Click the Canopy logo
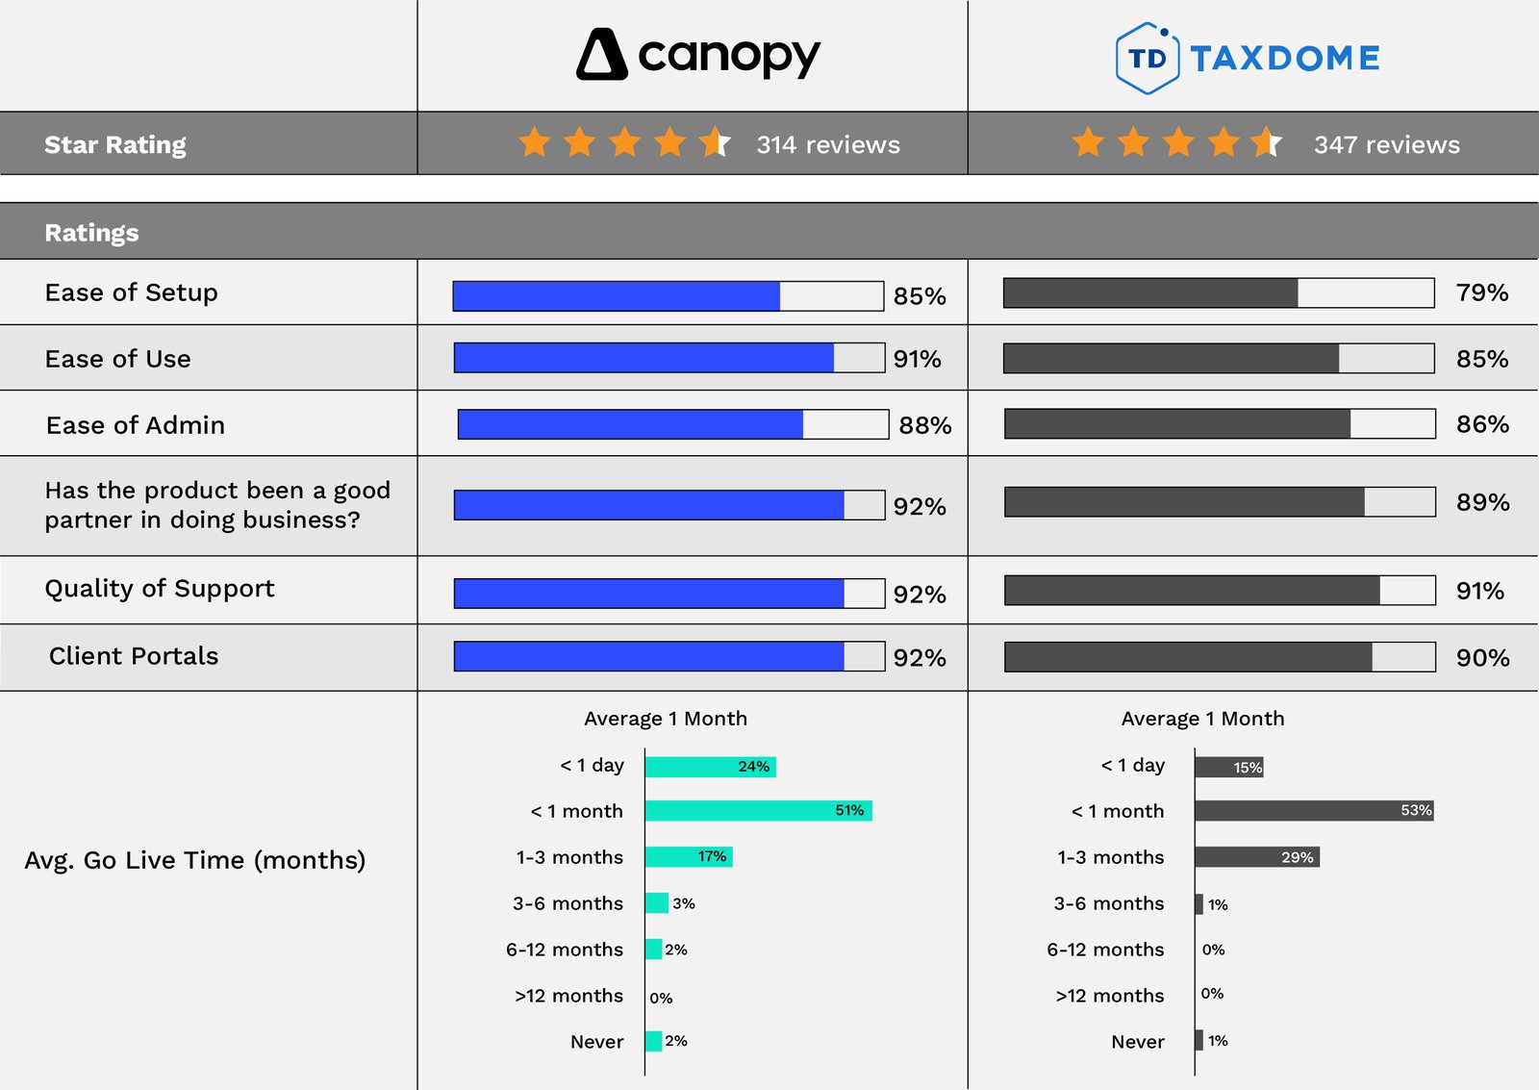pyautogui.click(x=698, y=55)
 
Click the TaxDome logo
pyautogui.click(x=1248, y=58)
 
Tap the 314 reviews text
pyautogui.click(x=827, y=144)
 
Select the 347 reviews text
pyautogui.click(x=1386, y=144)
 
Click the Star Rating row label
pyautogui.click(x=115, y=144)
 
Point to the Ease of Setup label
pyautogui.click(x=131, y=292)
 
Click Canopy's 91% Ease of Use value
pyautogui.click(x=917, y=359)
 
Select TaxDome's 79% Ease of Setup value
pyautogui.click(x=1481, y=292)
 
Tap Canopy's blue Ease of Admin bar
pyautogui.click(x=630, y=424)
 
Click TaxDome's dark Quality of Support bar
pyautogui.click(x=1192, y=591)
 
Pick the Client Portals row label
pyautogui.click(x=134, y=656)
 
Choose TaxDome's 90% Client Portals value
pyautogui.click(x=1482, y=658)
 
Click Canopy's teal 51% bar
pyautogui.click(x=758, y=810)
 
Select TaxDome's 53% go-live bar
pyautogui.click(x=1314, y=810)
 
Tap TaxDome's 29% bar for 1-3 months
pyautogui.click(x=1256, y=856)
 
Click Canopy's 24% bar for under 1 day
pyautogui.click(x=710, y=767)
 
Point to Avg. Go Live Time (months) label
pyautogui.click(x=195, y=860)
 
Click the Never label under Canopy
pyautogui.click(x=596, y=1042)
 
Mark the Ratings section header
pyautogui.click(x=92, y=233)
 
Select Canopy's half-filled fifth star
pyautogui.click(x=715, y=142)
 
